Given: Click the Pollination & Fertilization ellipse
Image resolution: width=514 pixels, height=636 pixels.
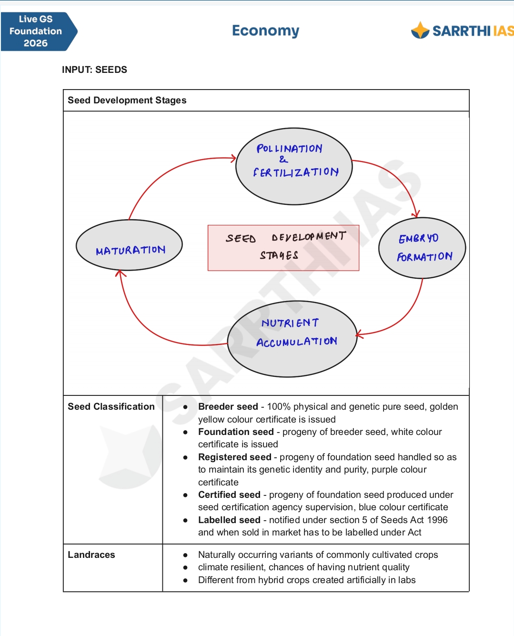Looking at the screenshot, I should [294, 166].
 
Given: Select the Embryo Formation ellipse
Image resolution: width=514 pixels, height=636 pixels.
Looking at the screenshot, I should [422, 248].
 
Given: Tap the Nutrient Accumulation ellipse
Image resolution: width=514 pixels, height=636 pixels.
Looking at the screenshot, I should [292, 339].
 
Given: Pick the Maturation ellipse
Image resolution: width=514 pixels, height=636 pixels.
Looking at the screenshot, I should [129, 245].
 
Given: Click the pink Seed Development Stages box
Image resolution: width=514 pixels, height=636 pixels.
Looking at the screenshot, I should [283, 248].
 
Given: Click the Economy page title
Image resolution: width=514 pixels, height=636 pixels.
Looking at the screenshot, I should [265, 31].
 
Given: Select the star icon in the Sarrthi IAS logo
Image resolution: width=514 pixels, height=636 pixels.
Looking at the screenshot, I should [420, 30].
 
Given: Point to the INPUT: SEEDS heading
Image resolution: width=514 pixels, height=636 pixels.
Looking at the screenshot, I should [94, 70].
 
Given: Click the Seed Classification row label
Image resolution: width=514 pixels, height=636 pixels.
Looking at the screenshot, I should [111, 406].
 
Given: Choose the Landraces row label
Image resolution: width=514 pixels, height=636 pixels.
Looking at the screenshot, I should [91, 555].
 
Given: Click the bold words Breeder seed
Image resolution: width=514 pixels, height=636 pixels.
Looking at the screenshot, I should [228, 406].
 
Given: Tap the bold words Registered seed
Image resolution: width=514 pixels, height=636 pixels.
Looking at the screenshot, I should [235, 457].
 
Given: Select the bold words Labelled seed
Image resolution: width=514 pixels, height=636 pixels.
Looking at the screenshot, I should [229, 520].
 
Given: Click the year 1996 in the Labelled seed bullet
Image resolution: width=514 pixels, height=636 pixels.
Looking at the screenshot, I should [437, 520].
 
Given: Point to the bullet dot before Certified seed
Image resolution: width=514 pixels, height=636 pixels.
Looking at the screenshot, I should [185, 495].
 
